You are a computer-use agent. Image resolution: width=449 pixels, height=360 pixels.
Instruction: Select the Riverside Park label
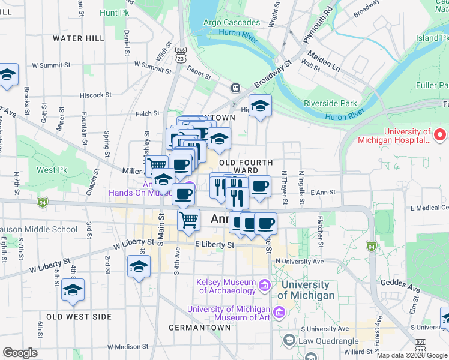[x=330, y=103]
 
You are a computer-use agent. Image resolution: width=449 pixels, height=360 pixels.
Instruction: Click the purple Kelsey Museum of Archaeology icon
[x=264, y=286]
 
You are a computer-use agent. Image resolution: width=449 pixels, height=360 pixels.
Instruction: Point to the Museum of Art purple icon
[x=278, y=313]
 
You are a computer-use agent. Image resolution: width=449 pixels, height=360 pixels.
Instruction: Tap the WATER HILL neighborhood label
[x=78, y=38]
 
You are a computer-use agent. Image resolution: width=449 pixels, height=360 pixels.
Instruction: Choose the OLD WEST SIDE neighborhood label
[x=79, y=316]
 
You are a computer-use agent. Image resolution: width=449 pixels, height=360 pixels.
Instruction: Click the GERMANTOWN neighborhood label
[x=199, y=328]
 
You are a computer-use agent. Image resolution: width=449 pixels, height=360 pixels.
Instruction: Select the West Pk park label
[x=52, y=170]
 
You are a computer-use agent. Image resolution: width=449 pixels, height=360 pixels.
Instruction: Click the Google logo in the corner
[x=20, y=353]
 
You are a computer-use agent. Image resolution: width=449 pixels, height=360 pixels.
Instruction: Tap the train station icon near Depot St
[x=237, y=88]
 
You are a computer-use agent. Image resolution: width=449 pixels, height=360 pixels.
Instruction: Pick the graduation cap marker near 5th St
[x=73, y=290]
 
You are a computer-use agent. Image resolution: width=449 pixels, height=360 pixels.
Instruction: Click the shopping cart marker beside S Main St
[x=189, y=221]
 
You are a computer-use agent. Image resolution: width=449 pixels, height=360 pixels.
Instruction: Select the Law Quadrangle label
[x=330, y=341]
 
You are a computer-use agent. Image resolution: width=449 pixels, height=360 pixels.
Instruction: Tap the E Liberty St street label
[x=214, y=245]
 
